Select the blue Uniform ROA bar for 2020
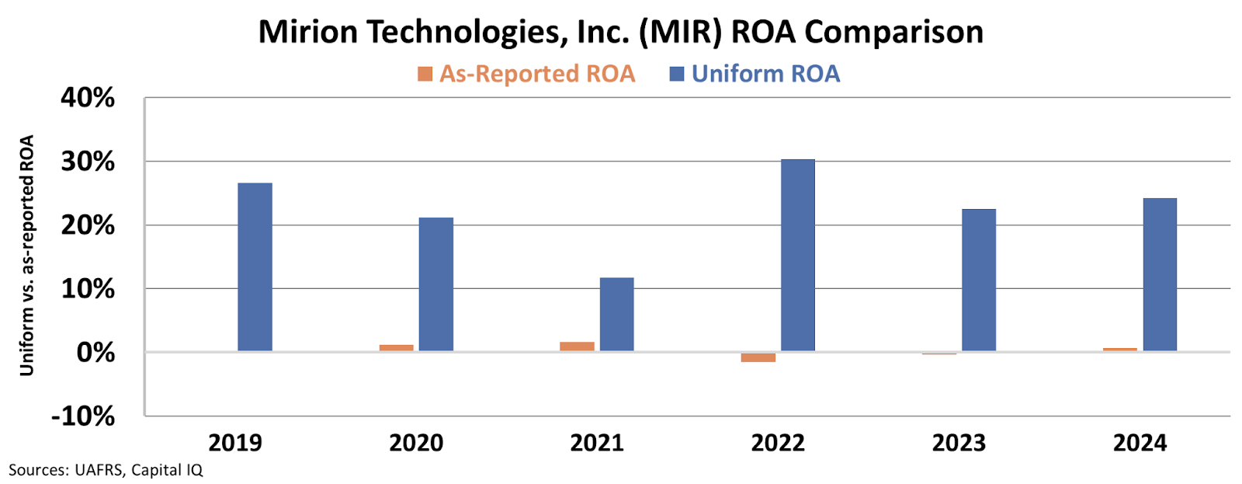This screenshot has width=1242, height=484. click(435, 284)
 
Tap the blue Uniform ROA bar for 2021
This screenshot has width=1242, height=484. click(616, 314)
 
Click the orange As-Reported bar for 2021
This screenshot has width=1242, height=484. click(577, 346)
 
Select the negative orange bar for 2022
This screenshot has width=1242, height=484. click(758, 357)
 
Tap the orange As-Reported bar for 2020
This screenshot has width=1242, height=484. click(396, 348)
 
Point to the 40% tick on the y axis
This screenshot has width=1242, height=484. click(88, 98)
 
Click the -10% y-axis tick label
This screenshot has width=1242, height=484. click(82, 416)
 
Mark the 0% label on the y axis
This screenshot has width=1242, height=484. click(95, 353)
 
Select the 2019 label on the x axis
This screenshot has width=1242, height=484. click(234, 444)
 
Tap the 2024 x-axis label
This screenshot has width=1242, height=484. click(1140, 444)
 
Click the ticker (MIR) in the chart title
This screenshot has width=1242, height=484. click(681, 33)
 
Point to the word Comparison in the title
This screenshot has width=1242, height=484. click(893, 33)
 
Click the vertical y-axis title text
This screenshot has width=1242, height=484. click(28, 256)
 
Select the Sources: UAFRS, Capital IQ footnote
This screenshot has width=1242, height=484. click(106, 470)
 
